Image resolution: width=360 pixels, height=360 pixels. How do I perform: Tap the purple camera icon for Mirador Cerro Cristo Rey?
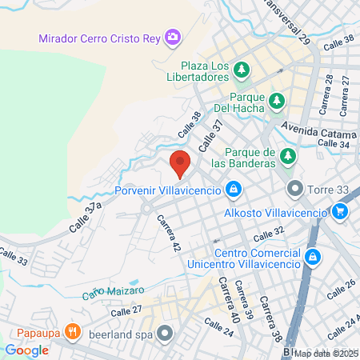(172, 37)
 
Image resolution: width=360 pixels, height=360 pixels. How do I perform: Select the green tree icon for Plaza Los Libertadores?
(241, 71)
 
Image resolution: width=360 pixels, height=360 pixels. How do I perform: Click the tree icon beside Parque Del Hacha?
(277, 101)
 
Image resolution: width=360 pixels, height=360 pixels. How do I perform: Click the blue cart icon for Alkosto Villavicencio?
(341, 212)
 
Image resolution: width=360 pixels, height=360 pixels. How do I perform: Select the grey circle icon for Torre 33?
(295, 190)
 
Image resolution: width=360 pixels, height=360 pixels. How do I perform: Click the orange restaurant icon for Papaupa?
(72, 330)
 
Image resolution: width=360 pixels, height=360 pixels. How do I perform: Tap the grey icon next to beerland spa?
(166, 331)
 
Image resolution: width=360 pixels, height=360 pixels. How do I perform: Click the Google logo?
(27, 350)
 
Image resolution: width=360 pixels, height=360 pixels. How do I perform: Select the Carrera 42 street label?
(167, 233)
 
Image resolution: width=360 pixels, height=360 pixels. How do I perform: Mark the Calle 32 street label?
(269, 234)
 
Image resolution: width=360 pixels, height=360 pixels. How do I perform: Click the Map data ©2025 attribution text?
(326, 353)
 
